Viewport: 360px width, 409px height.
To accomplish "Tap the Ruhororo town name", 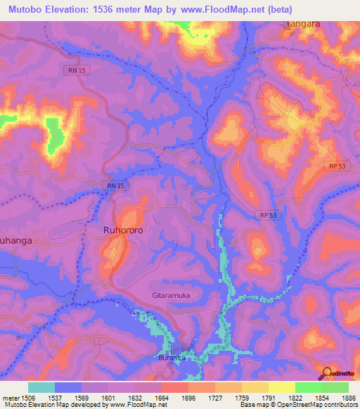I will point(123,229).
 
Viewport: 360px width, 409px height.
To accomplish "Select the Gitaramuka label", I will point(172,296).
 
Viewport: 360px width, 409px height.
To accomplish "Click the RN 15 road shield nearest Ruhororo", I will point(115,185).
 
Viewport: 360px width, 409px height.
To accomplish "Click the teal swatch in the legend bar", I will point(41,387).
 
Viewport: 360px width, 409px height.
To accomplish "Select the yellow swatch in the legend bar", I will point(282,387).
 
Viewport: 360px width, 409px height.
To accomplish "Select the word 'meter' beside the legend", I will point(11,397).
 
